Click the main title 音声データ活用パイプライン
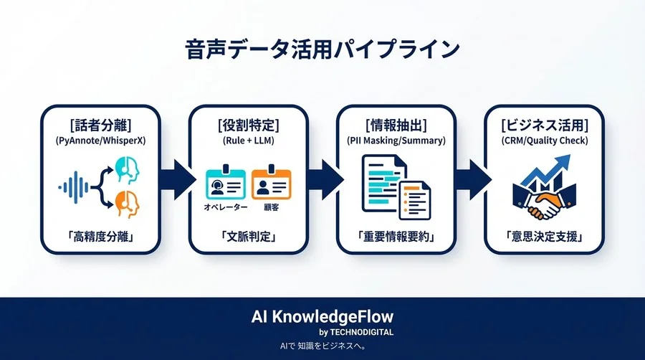point(322,50)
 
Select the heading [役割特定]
point(248,125)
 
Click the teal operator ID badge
point(226,184)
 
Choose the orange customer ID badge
point(271,184)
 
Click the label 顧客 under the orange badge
point(272,207)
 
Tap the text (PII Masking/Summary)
point(396,141)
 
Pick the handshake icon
point(545,203)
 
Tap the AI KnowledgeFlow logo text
point(322,316)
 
